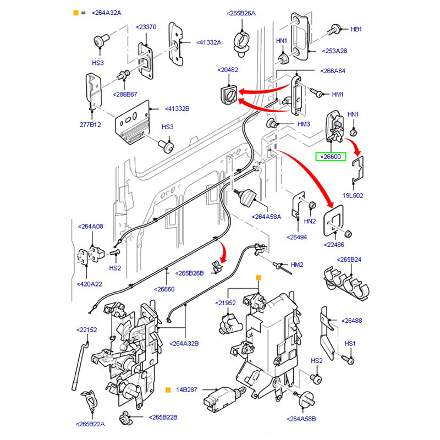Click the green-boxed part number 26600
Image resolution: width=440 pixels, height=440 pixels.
(329, 157)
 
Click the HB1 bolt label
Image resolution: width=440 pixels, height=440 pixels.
(356, 29)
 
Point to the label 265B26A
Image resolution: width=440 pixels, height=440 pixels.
(240, 13)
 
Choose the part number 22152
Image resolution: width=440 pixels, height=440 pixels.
(86, 330)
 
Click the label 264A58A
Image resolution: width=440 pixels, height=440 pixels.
(266, 217)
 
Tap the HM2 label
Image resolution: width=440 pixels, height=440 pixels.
(297, 265)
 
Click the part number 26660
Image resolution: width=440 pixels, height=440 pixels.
(164, 289)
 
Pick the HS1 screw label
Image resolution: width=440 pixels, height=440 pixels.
(350, 343)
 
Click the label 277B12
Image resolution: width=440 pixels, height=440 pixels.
(90, 125)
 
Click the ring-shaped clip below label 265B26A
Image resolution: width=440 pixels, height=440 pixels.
(240, 42)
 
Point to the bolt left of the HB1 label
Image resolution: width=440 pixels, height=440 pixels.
(336, 29)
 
